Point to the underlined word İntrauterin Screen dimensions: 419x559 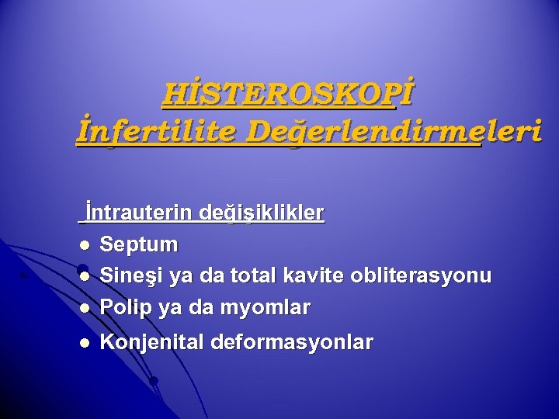tap(140, 212)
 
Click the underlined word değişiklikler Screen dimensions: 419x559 tap(262, 212)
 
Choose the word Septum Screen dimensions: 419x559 tap(140, 244)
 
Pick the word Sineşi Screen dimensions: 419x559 tap(134, 276)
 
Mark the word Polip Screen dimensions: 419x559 tap(127, 308)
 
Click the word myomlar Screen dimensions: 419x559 tap(268, 308)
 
